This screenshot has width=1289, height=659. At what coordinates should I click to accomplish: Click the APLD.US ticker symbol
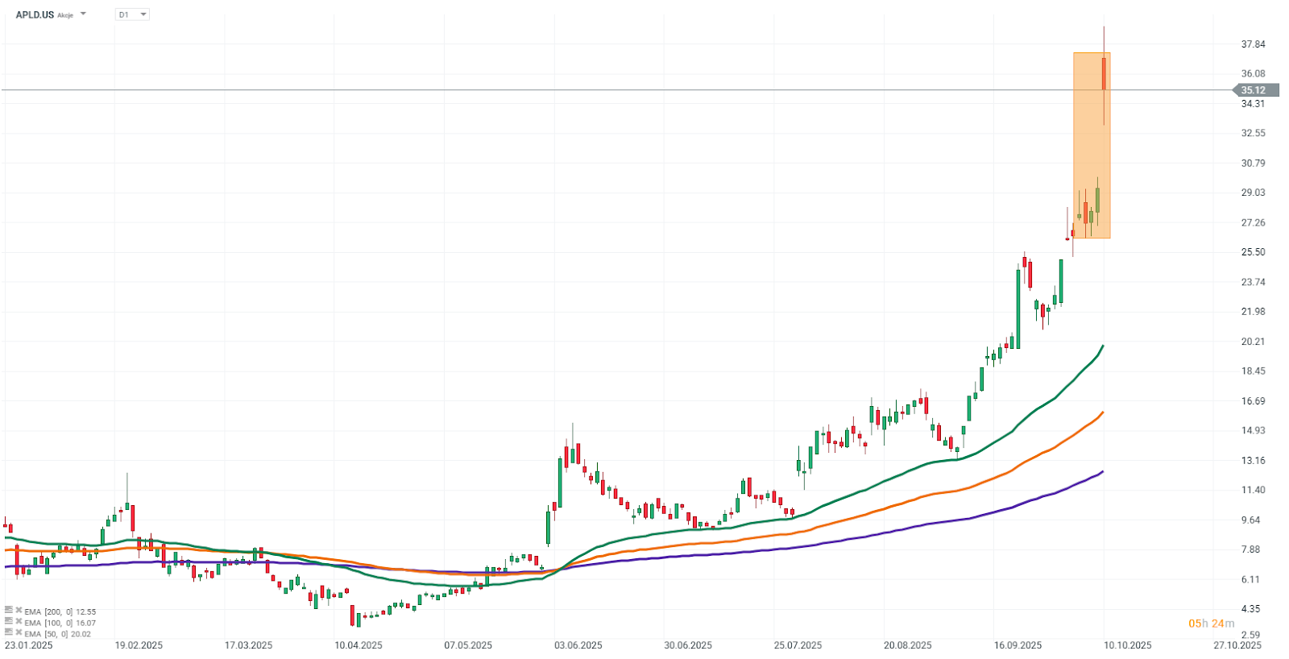click(x=35, y=15)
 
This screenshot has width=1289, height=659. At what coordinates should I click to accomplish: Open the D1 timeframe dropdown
click(x=133, y=15)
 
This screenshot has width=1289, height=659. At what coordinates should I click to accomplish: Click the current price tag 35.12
click(x=1254, y=90)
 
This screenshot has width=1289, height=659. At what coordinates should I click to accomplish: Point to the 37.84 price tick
click(x=1253, y=44)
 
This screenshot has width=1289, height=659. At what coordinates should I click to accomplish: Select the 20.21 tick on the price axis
click(x=1253, y=342)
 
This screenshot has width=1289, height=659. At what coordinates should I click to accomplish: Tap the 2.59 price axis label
click(x=1250, y=635)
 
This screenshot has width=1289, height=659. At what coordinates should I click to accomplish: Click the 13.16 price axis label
click(x=1253, y=461)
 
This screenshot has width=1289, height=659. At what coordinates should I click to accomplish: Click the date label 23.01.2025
click(x=29, y=645)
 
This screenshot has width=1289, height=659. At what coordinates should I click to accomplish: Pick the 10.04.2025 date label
click(x=359, y=645)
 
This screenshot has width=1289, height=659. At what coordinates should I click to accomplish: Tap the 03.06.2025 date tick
click(x=578, y=645)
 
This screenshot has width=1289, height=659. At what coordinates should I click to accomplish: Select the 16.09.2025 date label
click(x=1018, y=645)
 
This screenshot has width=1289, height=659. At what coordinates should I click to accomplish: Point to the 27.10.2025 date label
click(x=1237, y=645)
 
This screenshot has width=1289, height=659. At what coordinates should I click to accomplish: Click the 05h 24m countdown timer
click(x=1211, y=624)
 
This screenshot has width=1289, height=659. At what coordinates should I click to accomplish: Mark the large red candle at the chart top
click(x=1104, y=73)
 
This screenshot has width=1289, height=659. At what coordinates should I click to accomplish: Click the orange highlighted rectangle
click(x=1091, y=145)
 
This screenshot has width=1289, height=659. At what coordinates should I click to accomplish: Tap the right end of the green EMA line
click(x=1102, y=346)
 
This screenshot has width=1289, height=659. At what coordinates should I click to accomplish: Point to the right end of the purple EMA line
click(x=1102, y=472)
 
